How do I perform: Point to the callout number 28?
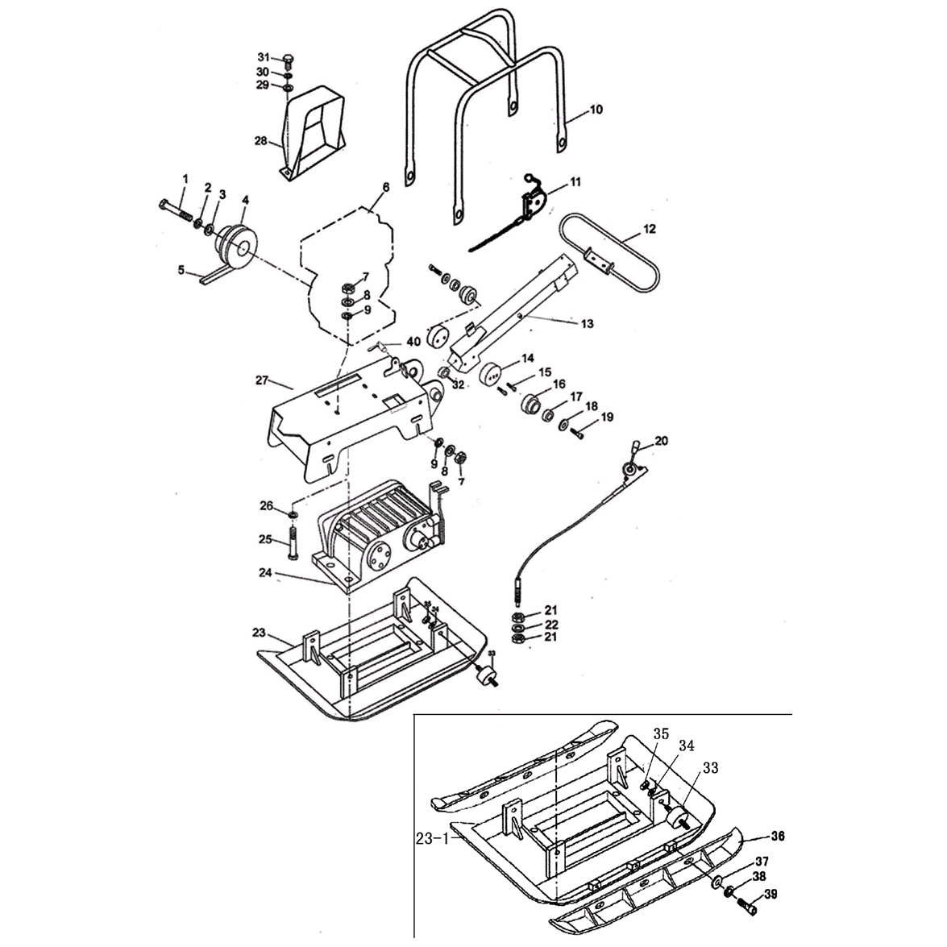[x=260, y=141]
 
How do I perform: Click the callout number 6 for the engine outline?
[x=385, y=187]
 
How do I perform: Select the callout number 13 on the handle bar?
[x=586, y=324]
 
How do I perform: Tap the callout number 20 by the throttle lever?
[x=661, y=441]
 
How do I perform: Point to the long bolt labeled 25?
[x=292, y=548]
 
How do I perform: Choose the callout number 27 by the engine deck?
[x=262, y=379]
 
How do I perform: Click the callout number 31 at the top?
[x=263, y=56]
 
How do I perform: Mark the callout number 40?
[x=413, y=341]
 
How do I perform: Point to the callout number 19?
[x=607, y=417]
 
